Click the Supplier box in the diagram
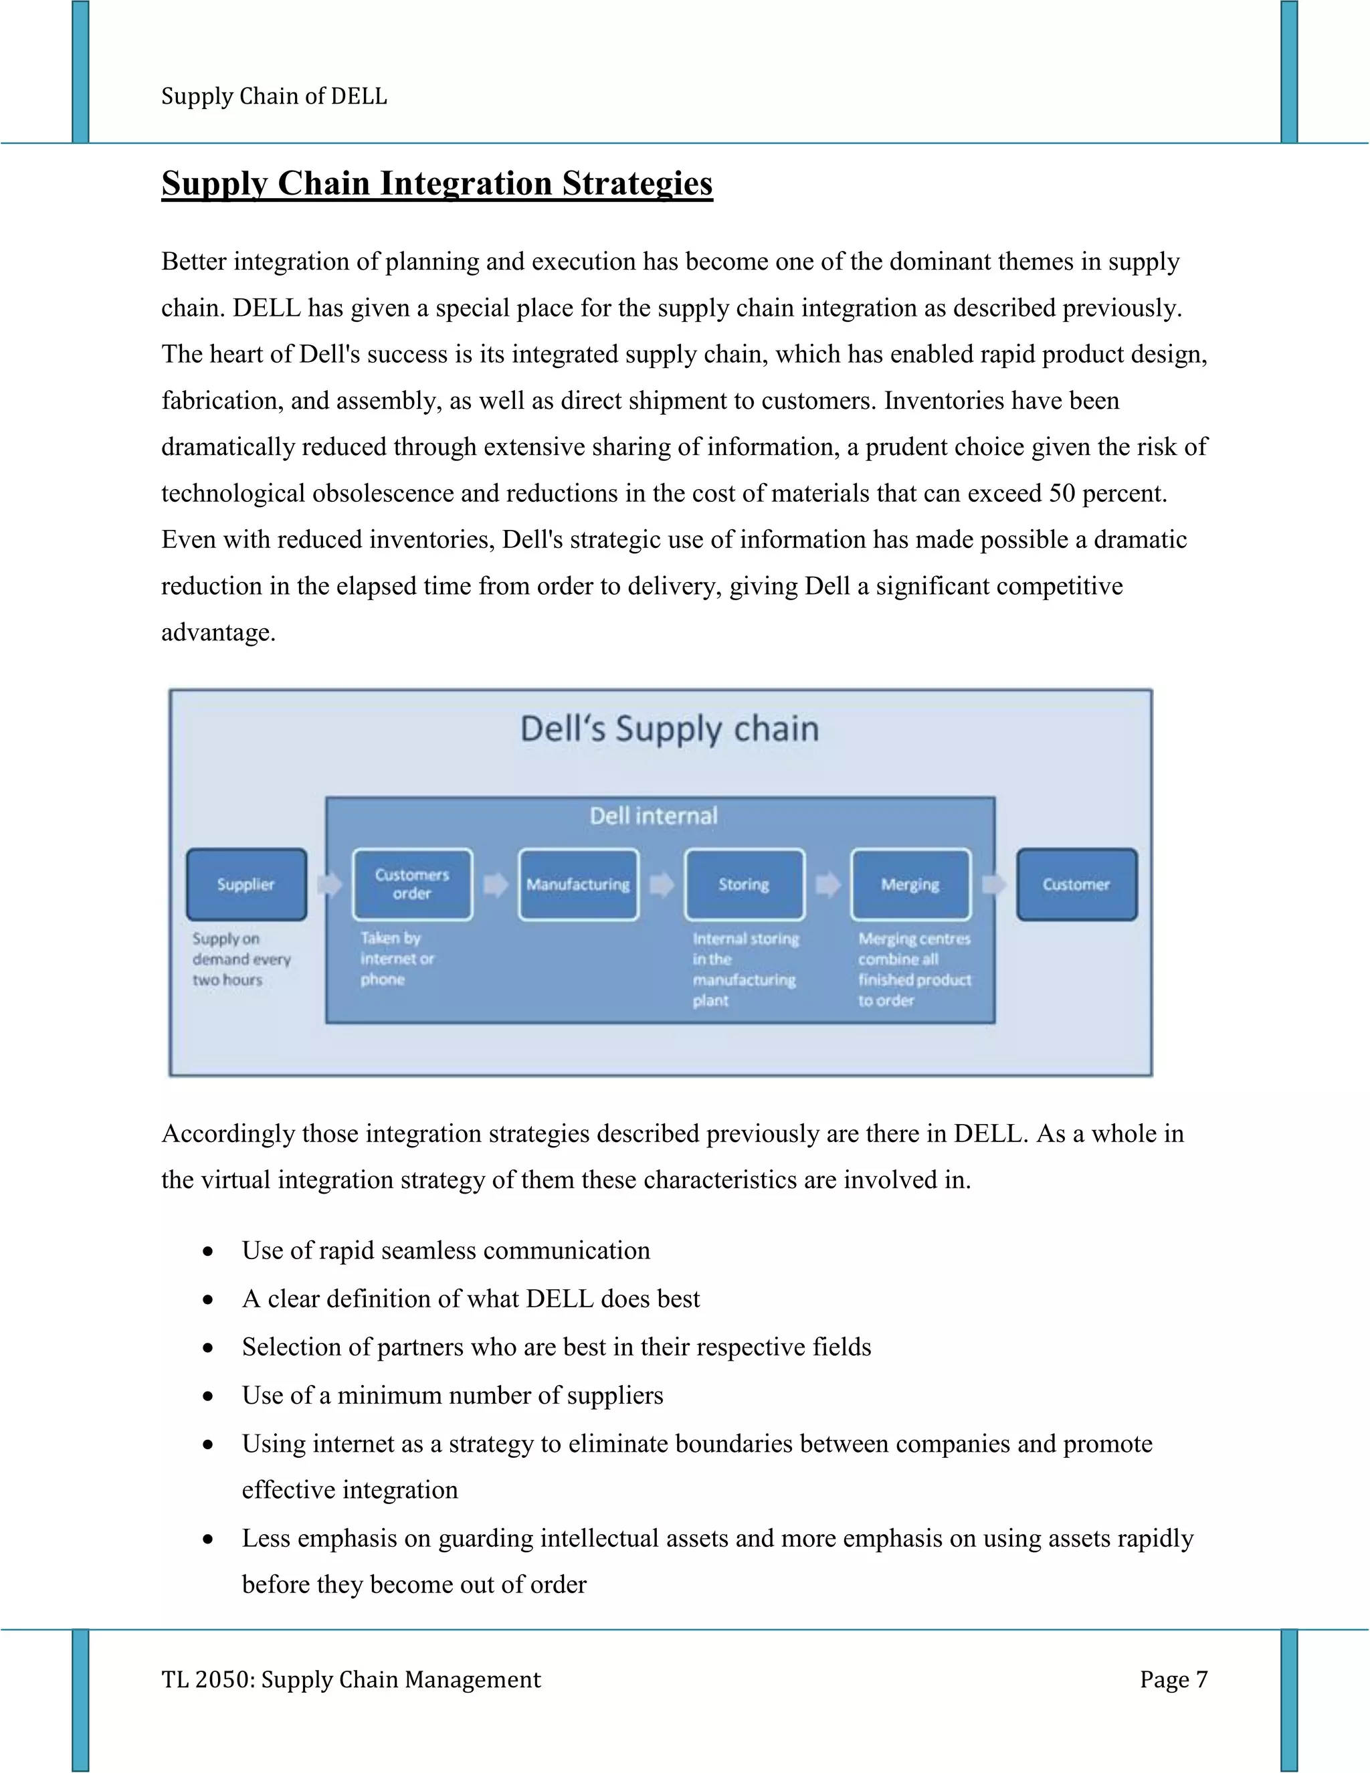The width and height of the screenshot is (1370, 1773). [246, 884]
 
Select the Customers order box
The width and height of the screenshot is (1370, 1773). [412, 884]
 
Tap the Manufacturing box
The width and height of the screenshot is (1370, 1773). [578, 884]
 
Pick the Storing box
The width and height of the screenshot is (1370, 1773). [745, 884]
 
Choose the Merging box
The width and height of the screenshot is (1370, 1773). [910, 884]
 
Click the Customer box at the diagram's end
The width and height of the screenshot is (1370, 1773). [1076, 884]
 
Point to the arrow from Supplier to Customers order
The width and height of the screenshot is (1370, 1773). [330, 884]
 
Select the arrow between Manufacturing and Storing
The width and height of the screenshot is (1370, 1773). [662, 884]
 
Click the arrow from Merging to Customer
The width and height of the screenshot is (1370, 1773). [993, 884]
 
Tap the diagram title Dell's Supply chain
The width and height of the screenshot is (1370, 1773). [669, 729]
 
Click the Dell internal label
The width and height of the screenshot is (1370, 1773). [654, 816]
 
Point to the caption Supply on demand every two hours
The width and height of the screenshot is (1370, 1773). [240, 959]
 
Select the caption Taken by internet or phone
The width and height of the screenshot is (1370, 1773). [397, 959]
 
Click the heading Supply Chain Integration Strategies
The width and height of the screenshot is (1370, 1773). [437, 183]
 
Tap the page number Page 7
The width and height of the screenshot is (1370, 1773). [1173, 1679]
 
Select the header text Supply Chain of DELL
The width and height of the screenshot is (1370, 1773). [274, 96]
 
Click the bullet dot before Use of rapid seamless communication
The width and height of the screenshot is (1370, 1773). [209, 1252]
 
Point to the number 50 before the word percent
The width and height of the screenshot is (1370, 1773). [1061, 493]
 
